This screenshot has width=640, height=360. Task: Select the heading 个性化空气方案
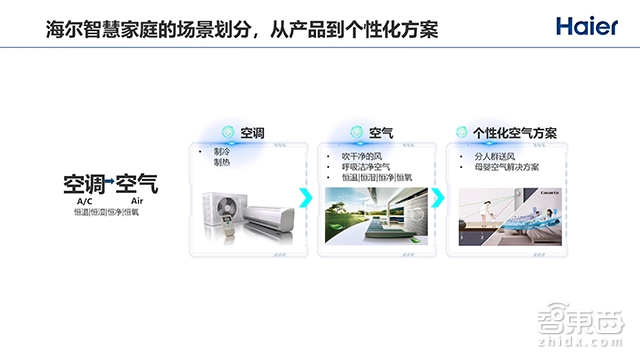(x=514, y=132)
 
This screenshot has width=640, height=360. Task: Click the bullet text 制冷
(x=221, y=152)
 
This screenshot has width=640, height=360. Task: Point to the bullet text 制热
(x=221, y=162)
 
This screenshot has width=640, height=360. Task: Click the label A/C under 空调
(x=84, y=202)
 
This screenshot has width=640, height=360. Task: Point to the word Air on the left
(x=138, y=202)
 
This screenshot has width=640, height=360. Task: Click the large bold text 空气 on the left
(x=137, y=184)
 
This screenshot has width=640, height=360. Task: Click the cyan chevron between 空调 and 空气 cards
(x=306, y=197)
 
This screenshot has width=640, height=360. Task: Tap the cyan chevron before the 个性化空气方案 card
(x=437, y=197)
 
